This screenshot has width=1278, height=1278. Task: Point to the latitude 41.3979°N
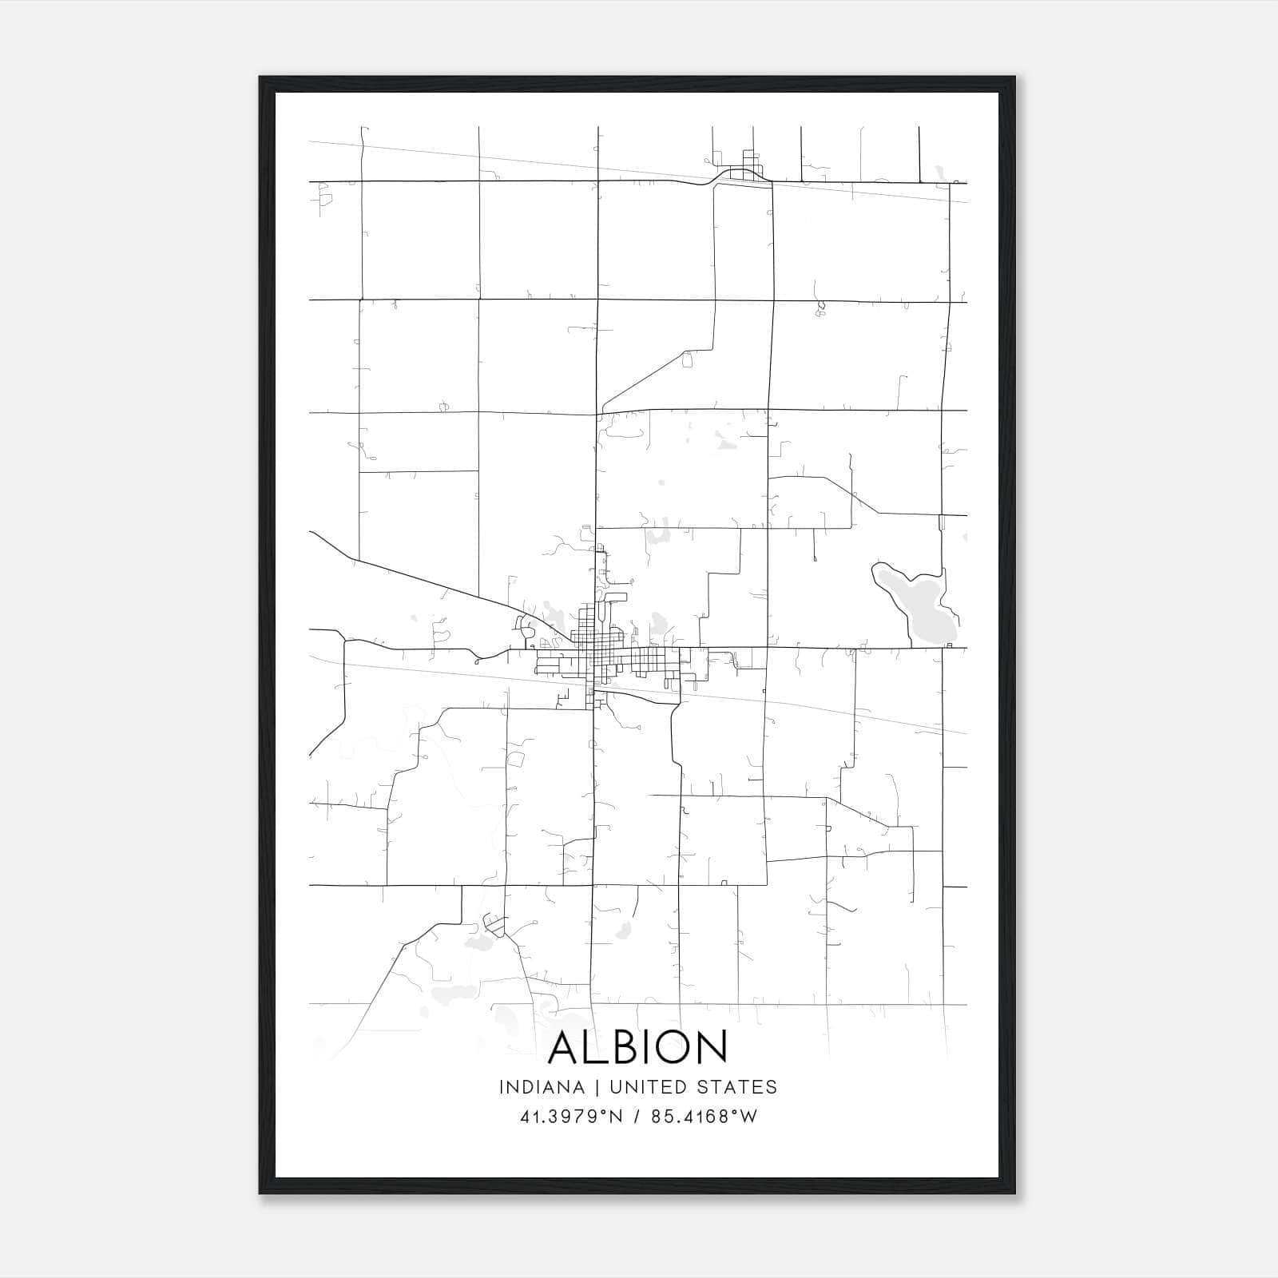(570, 1117)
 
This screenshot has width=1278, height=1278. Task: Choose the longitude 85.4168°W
(704, 1117)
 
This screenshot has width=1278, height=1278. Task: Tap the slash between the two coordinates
(637, 1117)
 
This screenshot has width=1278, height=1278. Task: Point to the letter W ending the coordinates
(748, 1117)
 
